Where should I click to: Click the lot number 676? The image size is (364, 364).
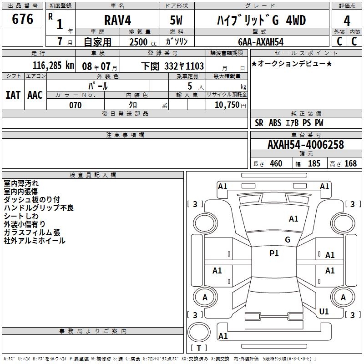23,20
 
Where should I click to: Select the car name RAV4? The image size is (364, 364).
116,20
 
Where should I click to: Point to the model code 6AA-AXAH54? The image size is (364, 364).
261,41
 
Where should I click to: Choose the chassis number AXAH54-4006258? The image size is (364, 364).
306,145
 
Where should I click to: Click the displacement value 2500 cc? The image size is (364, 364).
139,42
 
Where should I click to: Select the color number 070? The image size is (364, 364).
75,105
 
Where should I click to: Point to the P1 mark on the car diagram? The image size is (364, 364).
274,253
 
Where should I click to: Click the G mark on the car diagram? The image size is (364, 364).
288,240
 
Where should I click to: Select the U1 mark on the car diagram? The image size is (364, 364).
324,311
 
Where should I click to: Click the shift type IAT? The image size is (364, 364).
13,95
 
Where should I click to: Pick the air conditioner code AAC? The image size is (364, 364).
35,95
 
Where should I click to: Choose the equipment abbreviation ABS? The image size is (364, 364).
275,123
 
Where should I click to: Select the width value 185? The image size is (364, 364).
314,163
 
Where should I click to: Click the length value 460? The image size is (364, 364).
276,163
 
